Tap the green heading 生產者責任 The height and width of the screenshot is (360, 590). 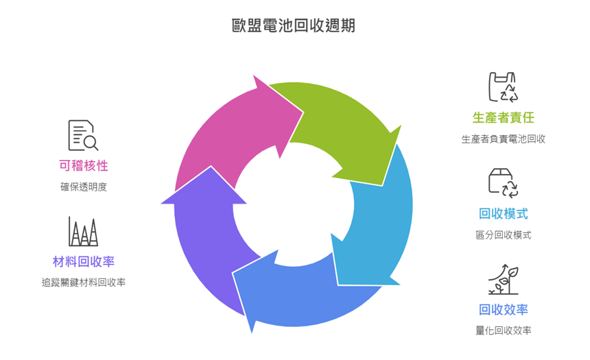coord(503,117)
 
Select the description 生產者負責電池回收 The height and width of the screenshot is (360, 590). coord(503,139)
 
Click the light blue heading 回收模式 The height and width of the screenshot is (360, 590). coord(503,213)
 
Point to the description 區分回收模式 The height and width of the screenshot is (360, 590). coord(503,235)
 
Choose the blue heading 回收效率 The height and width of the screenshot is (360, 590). coord(503,309)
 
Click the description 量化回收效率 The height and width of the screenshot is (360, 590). coord(503,331)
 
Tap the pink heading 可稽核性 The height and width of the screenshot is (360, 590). coord(83,165)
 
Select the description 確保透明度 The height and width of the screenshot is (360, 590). coord(83,187)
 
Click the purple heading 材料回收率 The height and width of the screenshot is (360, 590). coord(83,261)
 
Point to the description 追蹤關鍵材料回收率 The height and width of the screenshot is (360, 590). coord(83,283)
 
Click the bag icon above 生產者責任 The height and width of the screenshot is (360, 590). coord(502,87)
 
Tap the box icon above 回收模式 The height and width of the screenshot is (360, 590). coord(502,182)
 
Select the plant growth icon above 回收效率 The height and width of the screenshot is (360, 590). coord(502,278)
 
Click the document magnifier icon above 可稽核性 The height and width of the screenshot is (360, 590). coord(83,135)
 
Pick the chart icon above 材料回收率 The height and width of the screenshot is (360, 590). coord(83,231)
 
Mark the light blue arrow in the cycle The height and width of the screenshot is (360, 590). coord(377,226)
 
